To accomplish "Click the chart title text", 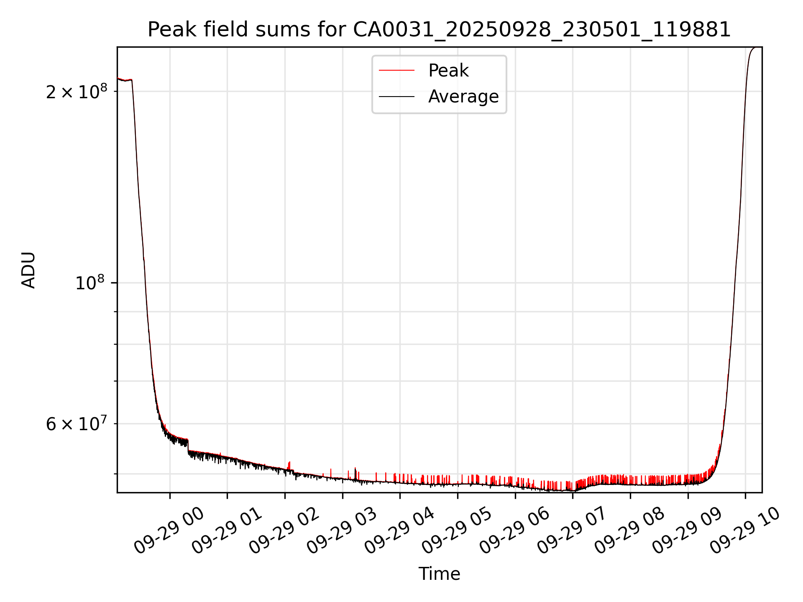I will pyautogui.click(x=439, y=30).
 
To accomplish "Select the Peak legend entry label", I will pyautogui.click(x=448, y=71).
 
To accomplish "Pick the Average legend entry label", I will pyautogui.click(x=463, y=97).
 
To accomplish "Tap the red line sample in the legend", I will pyautogui.click(x=396, y=71).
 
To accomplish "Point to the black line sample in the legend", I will pyautogui.click(x=396, y=97).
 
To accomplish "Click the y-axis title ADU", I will pyautogui.click(x=28, y=270).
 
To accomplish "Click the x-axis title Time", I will pyautogui.click(x=439, y=574).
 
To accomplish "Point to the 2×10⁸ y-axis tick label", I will pyautogui.click(x=77, y=92).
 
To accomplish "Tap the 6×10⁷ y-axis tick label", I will pyautogui.click(x=77, y=424).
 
